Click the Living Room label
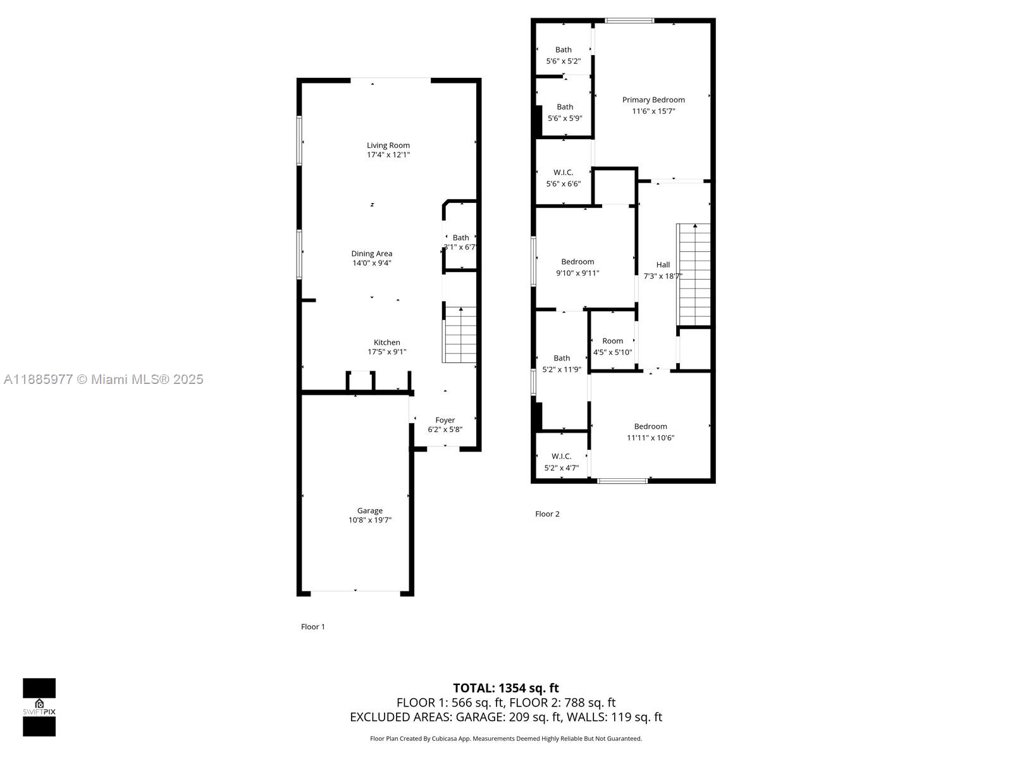click(388, 145)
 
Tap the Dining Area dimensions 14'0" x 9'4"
click(372, 263)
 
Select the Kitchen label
click(387, 342)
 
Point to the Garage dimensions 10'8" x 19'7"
click(370, 521)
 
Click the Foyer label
click(445, 420)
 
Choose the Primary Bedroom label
click(653, 99)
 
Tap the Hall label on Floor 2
click(663, 264)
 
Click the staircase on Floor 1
click(459, 335)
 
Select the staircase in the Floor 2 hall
click(693, 275)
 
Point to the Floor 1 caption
click(312, 627)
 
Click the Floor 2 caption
click(547, 514)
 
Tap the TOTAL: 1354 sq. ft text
click(506, 688)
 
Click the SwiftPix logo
click(39, 707)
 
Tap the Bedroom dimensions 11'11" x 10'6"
click(651, 438)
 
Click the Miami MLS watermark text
click(103, 379)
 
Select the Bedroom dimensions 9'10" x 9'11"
click(577, 273)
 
